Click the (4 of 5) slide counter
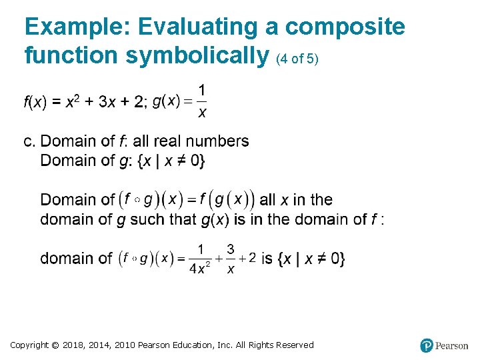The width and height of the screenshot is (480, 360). click(297, 59)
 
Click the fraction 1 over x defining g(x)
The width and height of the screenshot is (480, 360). click(202, 101)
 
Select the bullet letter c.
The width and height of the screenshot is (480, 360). click(29, 141)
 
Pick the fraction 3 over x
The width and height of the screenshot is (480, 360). click(230, 259)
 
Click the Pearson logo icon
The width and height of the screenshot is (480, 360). click(427, 345)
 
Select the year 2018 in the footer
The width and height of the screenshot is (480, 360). click(75, 345)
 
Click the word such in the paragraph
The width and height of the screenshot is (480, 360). click(150, 219)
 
